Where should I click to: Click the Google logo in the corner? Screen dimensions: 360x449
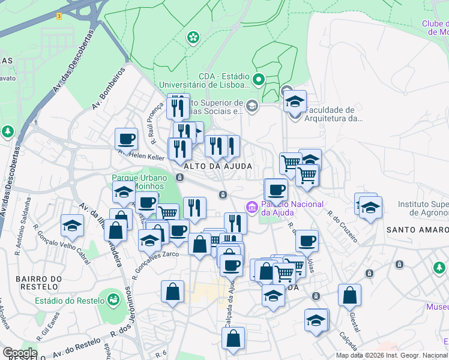[19, 353]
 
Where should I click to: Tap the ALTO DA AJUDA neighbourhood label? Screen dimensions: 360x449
[217, 166]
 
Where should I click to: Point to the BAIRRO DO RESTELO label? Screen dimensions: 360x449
[39, 284]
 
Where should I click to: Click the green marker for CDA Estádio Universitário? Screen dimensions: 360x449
[259, 79]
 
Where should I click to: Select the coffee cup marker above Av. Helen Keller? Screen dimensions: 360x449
[127, 139]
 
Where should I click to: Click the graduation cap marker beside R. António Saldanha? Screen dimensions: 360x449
[72, 226]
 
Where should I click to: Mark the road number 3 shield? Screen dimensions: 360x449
[59, 16]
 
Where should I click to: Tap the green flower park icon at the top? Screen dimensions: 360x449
[193, 38]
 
